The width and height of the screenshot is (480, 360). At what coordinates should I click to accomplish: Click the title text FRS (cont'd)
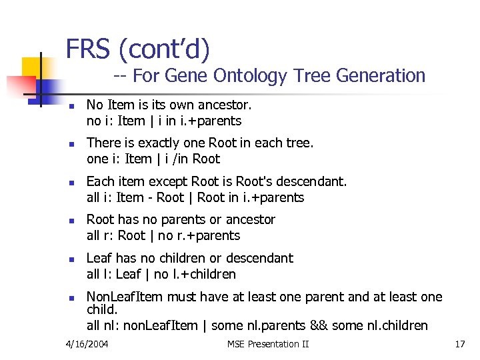pos(137,49)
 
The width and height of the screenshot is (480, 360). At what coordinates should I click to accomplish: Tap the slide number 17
pos(459,344)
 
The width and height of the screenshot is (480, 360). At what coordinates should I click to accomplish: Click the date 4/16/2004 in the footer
pos(87,344)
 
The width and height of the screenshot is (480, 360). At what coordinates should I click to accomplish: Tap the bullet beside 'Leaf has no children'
pos(71,260)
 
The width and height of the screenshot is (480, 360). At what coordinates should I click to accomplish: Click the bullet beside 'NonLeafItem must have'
pos(71,299)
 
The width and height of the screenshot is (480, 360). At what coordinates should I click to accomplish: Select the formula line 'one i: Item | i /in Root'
pos(153,159)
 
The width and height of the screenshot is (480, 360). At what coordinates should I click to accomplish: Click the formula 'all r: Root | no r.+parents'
pos(163,235)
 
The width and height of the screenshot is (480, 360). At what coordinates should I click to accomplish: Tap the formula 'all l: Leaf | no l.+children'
pos(161,274)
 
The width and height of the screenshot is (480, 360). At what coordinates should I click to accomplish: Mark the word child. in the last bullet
pos(102,310)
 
